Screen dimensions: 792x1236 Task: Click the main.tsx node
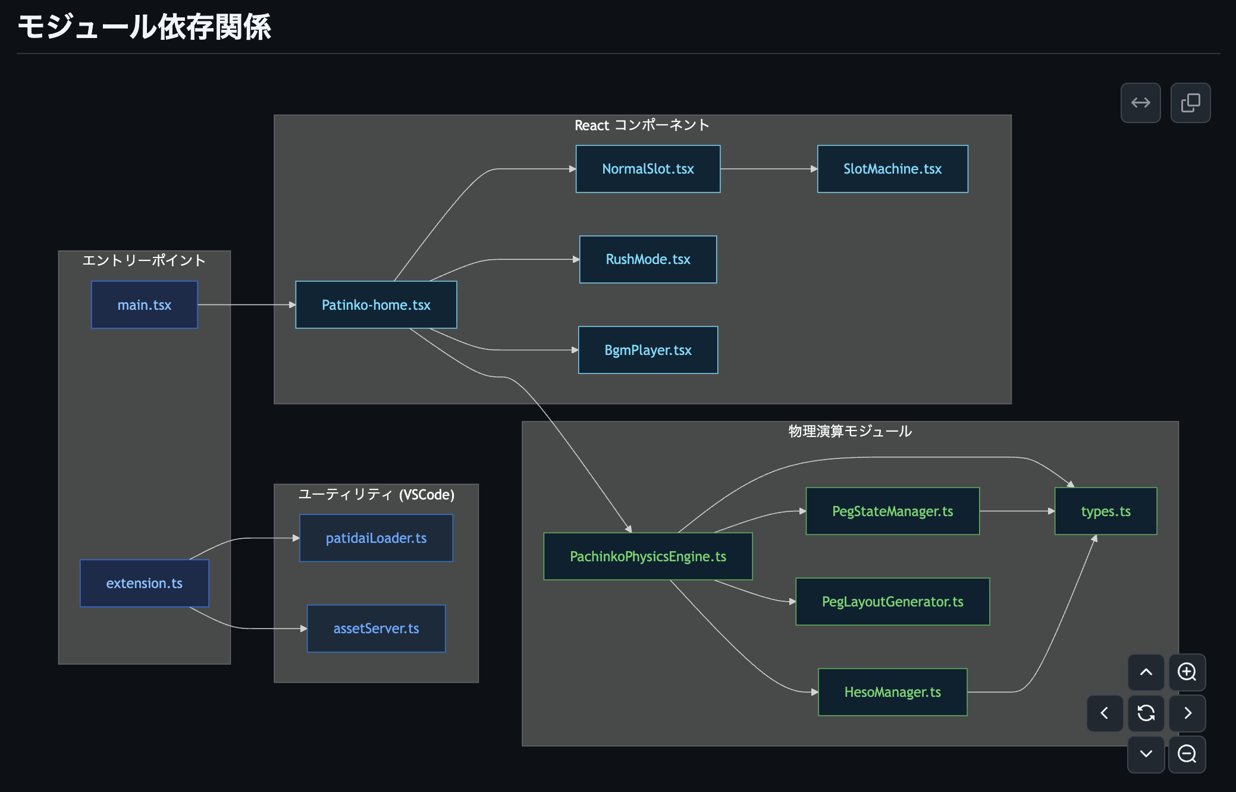pyautogui.click(x=145, y=305)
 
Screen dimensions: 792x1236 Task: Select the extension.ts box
pyautogui.click(x=145, y=583)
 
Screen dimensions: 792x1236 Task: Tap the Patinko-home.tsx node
pyautogui.click(x=376, y=305)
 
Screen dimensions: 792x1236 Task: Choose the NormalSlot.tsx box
pyautogui.click(x=648, y=169)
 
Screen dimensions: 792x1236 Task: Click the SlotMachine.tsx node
pyautogui.click(x=892, y=169)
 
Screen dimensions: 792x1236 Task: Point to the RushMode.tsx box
pyautogui.click(x=648, y=259)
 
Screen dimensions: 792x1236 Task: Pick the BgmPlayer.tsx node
pyautogui.click(x=648, y=350)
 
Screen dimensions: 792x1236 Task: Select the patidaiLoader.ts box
pyautogui.click(x=376, y=538)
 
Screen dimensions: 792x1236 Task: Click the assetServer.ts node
pyautogui.click(x=376, y=628)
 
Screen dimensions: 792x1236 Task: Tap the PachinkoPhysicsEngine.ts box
pyautogui.click(x=648, y=557)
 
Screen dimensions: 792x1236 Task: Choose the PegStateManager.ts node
pyautogui.click(x=892, y=511)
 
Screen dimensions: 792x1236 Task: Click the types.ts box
pyautogui.click(x=1105, y=511)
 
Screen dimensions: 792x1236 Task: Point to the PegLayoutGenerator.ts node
pyautogui.click(x=892, y=602)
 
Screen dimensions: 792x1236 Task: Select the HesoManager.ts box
pyautogui.click(x=892, y=692)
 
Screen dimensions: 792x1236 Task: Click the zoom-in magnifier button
pyautogui.click(x=1187, y=672)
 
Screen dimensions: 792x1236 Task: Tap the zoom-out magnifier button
pyautogui.click(x=1187, y=754)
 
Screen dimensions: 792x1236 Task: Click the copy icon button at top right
pyautogui.click(x=1190, y=103)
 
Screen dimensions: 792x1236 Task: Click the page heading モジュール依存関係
pyautogui.click(x=145, y=27)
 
